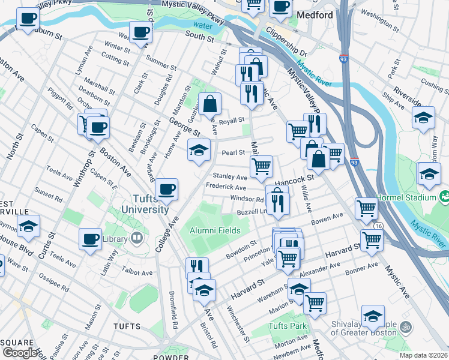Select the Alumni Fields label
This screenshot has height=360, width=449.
[215, 230]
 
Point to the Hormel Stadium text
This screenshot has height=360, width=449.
[406, 197]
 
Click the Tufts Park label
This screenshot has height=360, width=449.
[288, 326]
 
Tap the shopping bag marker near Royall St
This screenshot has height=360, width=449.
[210, 104]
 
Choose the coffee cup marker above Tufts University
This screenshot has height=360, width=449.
[166, 189]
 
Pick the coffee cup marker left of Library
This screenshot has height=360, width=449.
[91, 239]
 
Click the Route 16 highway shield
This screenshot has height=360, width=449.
[379, 226]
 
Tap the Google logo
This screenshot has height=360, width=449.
[20, 353]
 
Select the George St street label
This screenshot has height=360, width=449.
[184, 127]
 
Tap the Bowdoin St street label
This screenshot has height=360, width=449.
[241, 250]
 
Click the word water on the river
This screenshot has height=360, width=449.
[203, 26]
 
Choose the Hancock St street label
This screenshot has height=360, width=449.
[294, 179]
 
